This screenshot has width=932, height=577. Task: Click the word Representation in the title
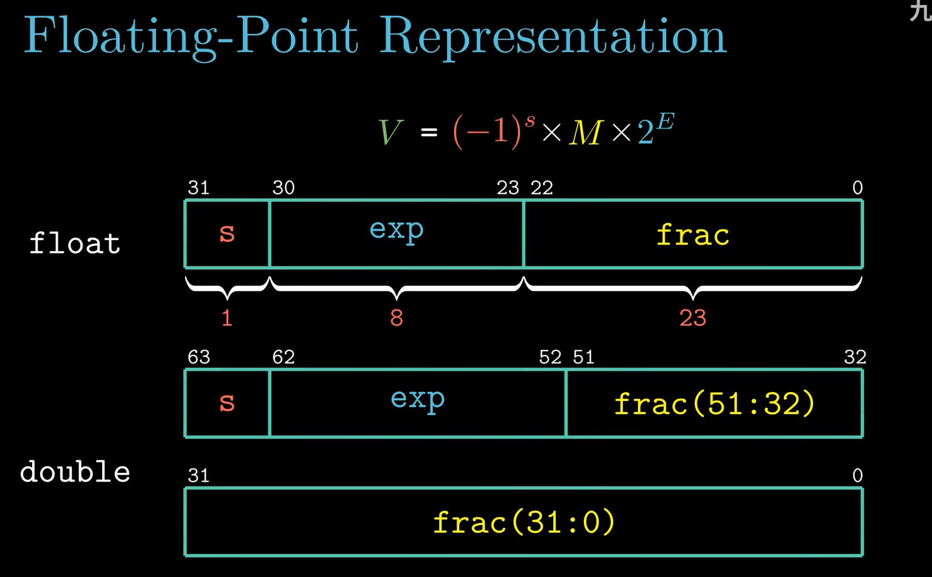(553, 38)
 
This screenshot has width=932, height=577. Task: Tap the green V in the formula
(390, 132)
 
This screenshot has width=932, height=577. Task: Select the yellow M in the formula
(586, 133)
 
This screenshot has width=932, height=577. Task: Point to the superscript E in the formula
(665, 122)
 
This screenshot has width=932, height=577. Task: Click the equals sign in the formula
(429, 133)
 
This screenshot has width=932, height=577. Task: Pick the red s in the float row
(227, 233)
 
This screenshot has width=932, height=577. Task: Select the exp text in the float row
(396, 230)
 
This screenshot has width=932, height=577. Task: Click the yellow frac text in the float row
(693, 235)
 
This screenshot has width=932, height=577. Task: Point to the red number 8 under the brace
(396, 318)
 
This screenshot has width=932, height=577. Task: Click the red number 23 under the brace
(693, 318)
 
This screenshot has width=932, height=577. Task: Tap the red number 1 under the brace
(227, 318)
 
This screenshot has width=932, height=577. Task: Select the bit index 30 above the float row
(283, 188)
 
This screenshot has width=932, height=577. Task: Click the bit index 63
(199, 357)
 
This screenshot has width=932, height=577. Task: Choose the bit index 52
(550, 357)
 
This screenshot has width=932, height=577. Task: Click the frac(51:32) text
(714, 404)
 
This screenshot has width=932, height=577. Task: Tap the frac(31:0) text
(524, 522)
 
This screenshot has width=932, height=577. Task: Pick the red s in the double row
(227, 403)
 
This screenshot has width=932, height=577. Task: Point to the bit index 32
(855, 357)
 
